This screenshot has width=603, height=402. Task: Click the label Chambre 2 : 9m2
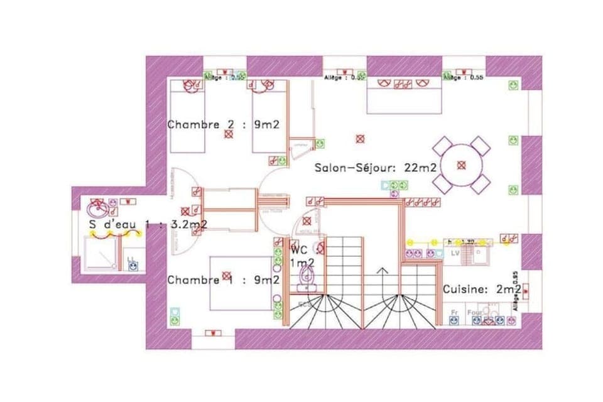222,125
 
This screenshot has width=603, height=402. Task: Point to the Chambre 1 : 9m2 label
222,280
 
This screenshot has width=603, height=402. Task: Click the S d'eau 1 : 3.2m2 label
148,224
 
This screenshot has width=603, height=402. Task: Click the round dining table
462,165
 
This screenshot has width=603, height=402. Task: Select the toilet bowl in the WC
307,275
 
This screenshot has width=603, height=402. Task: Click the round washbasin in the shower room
97,207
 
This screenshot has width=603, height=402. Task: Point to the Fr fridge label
454,312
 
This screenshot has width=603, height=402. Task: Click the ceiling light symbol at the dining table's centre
462,165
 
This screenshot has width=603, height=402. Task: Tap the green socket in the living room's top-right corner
513,84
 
